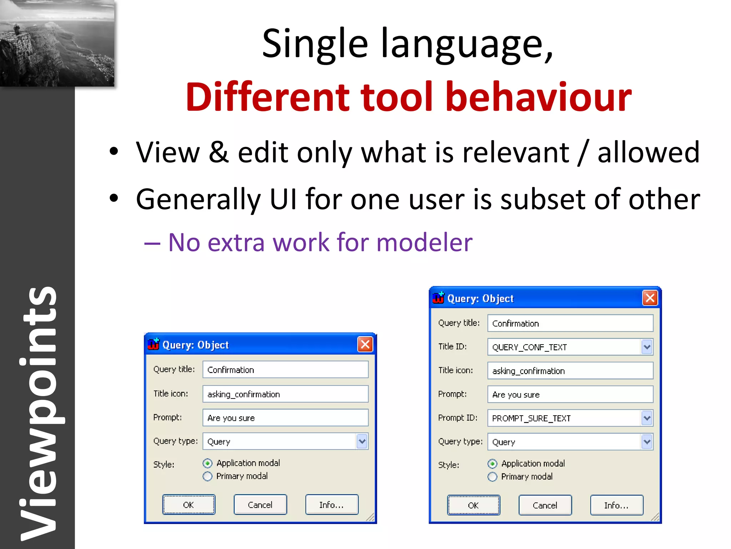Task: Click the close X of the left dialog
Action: (365, 345)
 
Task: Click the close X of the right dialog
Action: (650, 298)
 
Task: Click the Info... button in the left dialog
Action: (332, 505)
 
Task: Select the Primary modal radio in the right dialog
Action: (492, 477)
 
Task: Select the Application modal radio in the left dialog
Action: (207, 464)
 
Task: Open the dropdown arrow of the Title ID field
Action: (647, 347)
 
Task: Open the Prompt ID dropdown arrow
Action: (647, 418)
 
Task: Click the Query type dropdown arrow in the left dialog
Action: (362, 441)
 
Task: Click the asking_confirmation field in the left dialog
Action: (285, 394)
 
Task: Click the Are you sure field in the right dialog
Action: (570, 395)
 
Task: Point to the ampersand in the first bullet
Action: (218, 153)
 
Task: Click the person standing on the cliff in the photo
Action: (16, 29)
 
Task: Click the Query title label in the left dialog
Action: (174, 369)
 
